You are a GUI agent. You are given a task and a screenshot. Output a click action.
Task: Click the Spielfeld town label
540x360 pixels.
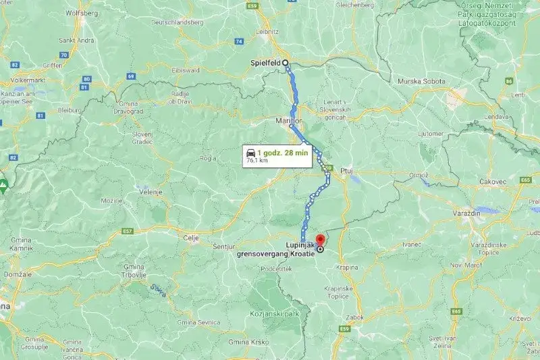point(265,62)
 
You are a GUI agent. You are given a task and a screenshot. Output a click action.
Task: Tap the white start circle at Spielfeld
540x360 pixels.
point(286,62)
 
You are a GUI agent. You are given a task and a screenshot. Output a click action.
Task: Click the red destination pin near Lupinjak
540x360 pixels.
point(320,241)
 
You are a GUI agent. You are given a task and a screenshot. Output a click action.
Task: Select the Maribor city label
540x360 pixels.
point(288,120)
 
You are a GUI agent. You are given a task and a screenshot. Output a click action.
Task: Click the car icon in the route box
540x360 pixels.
point(251,153)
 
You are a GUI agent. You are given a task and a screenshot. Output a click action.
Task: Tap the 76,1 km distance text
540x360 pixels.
point(256,161)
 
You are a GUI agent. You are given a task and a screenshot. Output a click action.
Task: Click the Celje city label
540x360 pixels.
point(193,238)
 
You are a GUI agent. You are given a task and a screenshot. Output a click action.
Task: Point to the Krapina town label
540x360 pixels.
point(348,267)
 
